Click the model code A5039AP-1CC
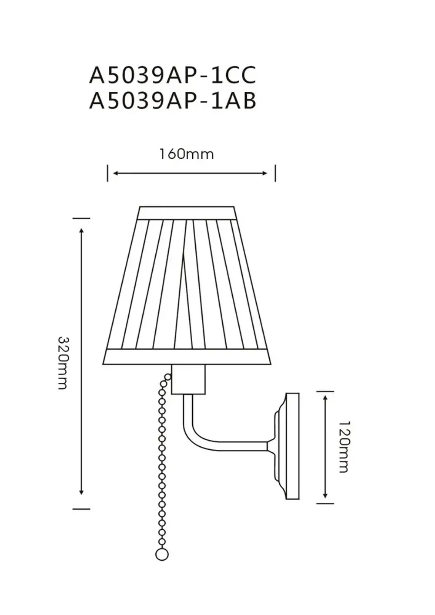pyautogui.click(x=173, y=75)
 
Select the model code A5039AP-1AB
pyautogui.click(x=173, y=101)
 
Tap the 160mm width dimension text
pyautogui.click(x=186, y=154)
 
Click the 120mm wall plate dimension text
pyautogui.click(x=344, y=447)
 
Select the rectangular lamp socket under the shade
pyautogui.click(x=188, y=379)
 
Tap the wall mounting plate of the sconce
pyautogui.click(x=292, y=446)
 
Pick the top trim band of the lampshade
pyautogui.click(x=187, y=213)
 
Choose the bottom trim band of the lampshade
pyautogui.click(x=187, y=357)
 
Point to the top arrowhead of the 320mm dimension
pyautogui.click(x=81, y=231)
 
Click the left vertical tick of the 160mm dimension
pyautogui.click(x=107, y=173)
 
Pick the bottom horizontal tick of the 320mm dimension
pyautogui.click(x=81, y=508)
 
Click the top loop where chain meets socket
pyautogui.click(x=168, y=377)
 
